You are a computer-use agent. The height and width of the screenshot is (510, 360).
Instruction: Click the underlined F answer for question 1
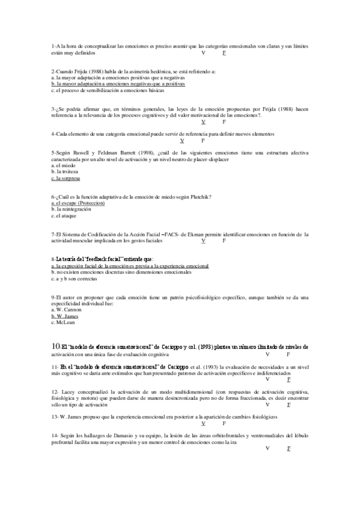224,54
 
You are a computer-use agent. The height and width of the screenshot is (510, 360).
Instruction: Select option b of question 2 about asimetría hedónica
118,84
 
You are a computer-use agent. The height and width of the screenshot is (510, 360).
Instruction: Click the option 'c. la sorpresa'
66,179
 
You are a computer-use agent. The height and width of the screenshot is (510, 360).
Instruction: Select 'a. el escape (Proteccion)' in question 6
78,203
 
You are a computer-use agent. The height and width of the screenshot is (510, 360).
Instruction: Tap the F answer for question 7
224,241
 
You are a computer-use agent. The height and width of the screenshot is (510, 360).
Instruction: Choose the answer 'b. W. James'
65,316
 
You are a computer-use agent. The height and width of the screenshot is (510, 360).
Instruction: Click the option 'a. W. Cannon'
66,310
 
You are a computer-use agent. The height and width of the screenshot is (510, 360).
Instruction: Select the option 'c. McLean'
63,322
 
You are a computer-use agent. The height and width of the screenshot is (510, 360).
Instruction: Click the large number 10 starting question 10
55,346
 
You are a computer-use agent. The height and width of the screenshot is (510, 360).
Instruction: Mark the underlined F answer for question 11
288,379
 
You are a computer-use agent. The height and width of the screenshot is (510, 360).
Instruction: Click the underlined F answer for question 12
288,405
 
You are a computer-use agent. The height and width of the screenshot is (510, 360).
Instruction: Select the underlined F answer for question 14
288,449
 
